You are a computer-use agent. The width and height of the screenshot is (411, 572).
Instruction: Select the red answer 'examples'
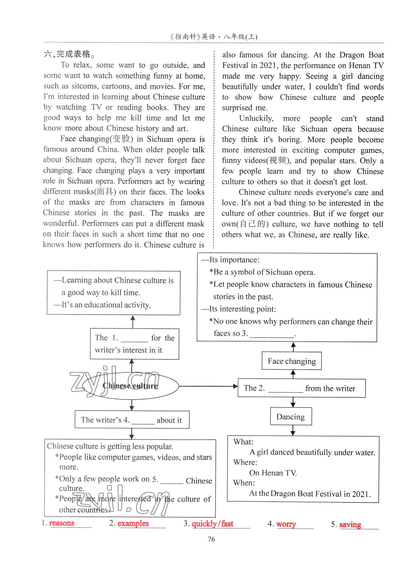tap(133, 523)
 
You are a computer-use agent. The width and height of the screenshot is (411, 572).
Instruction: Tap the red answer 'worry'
tap(286, 524)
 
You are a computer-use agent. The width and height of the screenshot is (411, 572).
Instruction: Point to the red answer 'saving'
tap(350, 524)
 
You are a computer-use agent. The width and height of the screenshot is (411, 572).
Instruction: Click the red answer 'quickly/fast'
tap(212, 524)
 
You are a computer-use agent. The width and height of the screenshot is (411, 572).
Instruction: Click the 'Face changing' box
tap(292, 361)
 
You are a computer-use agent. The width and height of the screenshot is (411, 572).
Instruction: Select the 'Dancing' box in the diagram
tap(291, 416)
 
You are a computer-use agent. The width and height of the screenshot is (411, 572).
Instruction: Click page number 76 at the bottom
tap(211, 539)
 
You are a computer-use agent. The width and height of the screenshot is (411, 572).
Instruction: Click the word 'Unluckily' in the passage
tap(256, 118)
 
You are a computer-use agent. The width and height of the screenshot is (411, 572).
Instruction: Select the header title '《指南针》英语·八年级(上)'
tap(213, 37)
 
